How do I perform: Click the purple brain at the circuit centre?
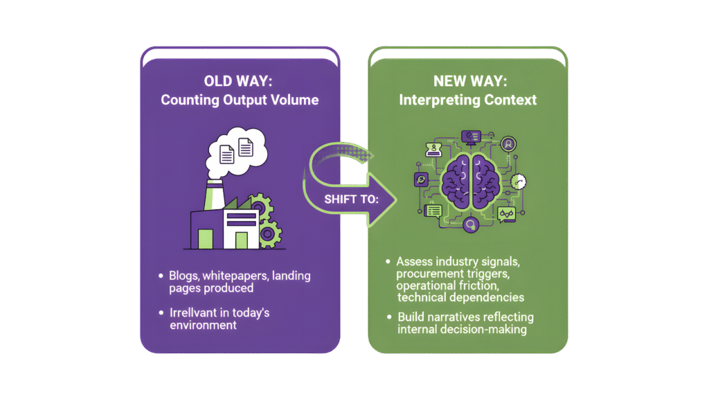click(x=469, y=184)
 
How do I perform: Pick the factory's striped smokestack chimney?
click(x=212, y=195)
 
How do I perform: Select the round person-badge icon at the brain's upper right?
click(x=509, y=144)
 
